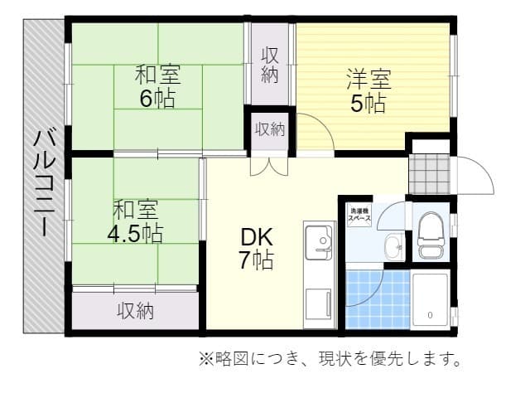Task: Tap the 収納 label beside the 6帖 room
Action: pyautogui.click(x=270, y=65)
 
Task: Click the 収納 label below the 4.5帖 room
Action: pyautogui.click(x=135, y=311)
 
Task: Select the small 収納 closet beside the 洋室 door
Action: pyautogui.click(x=269, y=129)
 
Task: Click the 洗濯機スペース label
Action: pyautogui.click(x=359, y=212)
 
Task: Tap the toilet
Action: pyautogui.click(x=431, y=236)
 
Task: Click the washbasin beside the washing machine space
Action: pyautogui.click(x=394, y=245)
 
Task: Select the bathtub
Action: pyautogui.click(x=431, y=298)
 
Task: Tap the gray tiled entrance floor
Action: pyautogui.click(x=429, y=172)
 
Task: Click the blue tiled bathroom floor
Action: pyautogui.click(x=378, y=298)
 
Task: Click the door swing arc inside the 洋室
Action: pyautogui.click(x=317, y=133)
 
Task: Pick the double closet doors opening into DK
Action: pyautogui.click(x=269, y=163)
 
